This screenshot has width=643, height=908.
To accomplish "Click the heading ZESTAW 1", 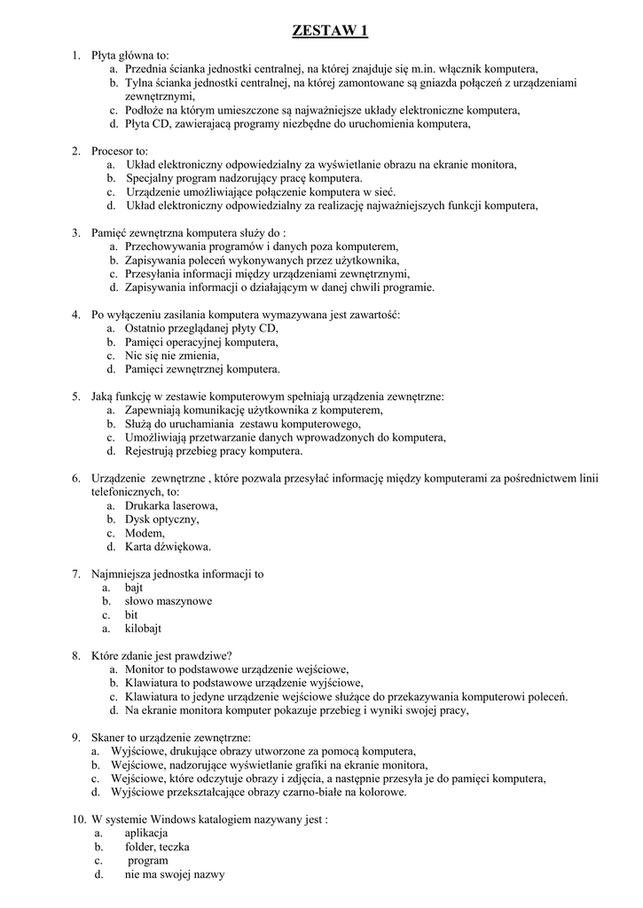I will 330,32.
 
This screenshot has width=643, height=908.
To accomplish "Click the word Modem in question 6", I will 145,533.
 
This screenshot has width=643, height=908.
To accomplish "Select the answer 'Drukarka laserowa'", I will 171,505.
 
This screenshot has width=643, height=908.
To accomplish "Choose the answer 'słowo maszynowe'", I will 168,601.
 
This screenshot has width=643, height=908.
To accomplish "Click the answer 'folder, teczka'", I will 157,847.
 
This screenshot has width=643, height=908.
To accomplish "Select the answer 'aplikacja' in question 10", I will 145,834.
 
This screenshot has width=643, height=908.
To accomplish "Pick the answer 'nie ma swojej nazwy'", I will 175,874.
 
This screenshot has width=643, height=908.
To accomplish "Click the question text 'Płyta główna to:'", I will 130,55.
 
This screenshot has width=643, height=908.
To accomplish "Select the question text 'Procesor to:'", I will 120,151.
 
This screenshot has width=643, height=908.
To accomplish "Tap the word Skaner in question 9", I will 108,738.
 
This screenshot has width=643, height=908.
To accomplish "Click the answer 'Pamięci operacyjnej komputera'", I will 201,341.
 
